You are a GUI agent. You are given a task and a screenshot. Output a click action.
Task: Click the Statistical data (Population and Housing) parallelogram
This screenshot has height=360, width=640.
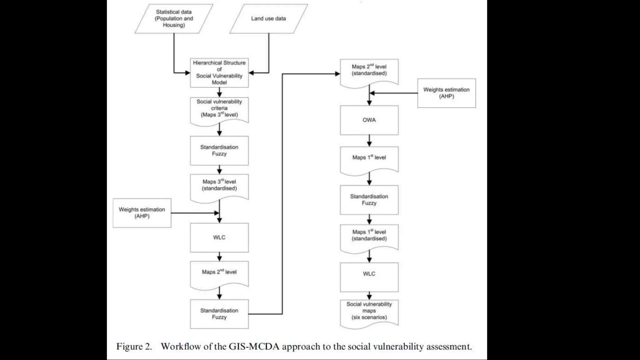coord(174,18)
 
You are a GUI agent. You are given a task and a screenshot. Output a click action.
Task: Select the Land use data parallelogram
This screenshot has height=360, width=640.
coord(268,18)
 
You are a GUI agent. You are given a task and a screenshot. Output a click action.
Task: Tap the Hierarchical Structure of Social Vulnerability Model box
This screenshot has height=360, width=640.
coord(219,72)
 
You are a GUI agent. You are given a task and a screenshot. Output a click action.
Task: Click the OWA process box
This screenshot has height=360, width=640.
coord(369,120)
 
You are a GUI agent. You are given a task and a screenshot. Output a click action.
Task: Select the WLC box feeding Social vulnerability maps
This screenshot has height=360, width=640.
coord(369,277)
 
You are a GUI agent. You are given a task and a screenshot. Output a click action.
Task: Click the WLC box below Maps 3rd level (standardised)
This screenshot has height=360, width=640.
coord(219,237)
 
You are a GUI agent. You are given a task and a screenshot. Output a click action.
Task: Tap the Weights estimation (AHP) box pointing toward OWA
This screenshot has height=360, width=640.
coord(446,93)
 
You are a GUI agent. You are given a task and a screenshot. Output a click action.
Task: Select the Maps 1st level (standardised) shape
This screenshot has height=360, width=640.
coord(369,237)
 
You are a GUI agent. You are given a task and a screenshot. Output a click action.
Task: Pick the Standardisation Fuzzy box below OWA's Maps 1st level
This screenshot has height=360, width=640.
coord(369,200)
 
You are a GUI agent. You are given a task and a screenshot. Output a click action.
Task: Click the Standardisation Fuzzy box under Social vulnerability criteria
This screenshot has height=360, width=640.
coord(219,150)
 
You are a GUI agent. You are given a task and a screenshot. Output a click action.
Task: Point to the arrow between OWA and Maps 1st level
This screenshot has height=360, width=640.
coord(369,141)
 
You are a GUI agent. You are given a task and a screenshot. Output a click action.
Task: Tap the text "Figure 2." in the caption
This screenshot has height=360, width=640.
coord(134,346)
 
